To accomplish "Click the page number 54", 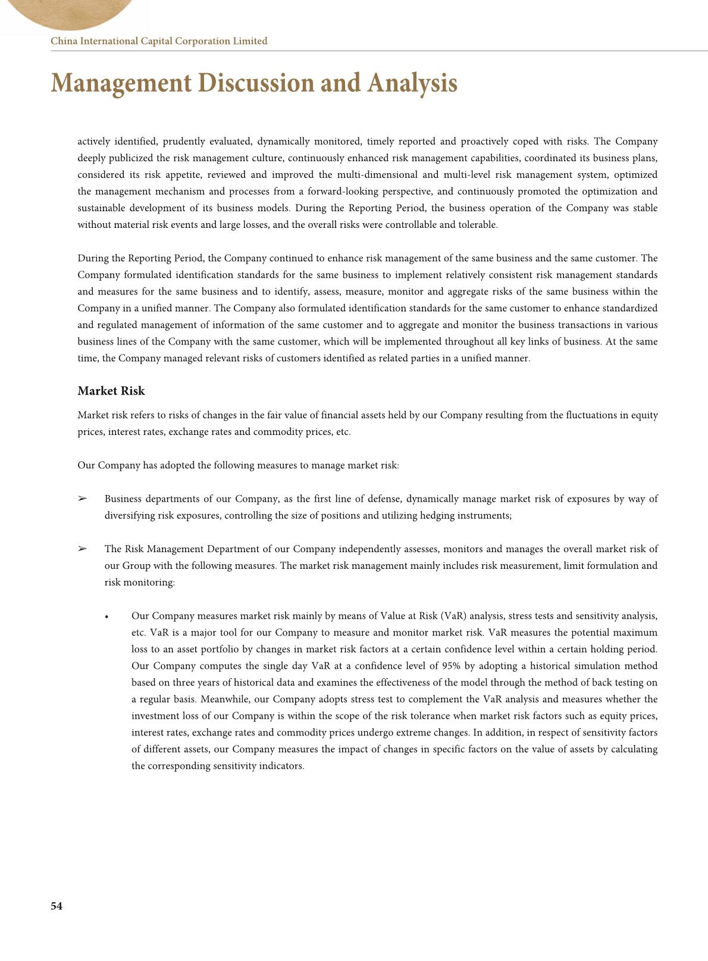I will [57, 906].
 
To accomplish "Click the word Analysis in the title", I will [412, 83].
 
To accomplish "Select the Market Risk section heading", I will [111, 391].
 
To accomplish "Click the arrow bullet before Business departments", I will [82, 499].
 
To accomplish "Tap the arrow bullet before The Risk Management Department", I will [82, 549].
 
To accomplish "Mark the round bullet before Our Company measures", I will [106, 616].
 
